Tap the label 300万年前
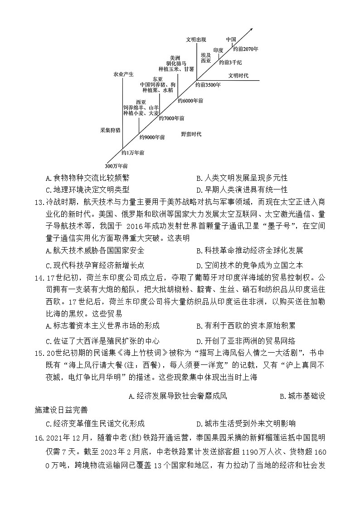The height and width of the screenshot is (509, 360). pos(116,165)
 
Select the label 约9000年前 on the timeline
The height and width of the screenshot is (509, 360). pos(152,137)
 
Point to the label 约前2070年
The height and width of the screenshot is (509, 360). pos(245,48)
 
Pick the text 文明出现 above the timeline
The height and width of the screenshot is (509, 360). pos(195,39)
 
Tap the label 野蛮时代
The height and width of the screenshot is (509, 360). pos(191,134)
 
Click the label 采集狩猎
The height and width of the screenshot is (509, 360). pos(110,130)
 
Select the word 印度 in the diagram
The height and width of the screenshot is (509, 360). pos(219,50)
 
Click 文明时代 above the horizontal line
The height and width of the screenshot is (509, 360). pos(238,75)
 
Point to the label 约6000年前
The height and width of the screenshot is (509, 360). pos(190,101)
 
